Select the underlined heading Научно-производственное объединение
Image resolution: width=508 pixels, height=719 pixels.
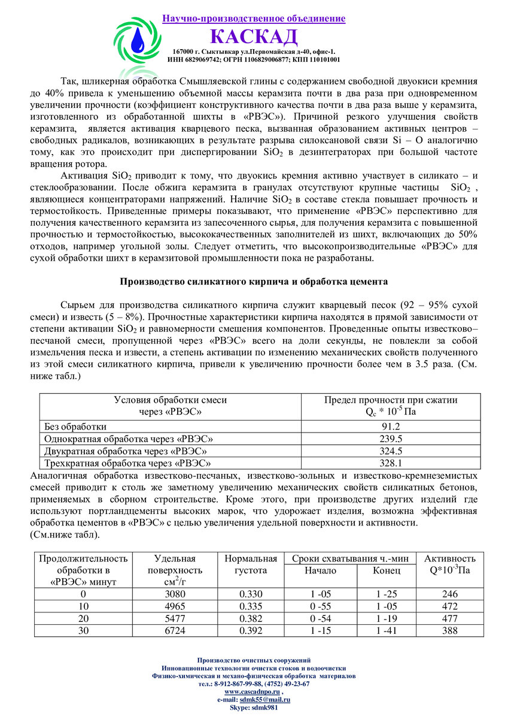click(254, 19)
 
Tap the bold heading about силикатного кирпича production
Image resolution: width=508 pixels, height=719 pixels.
click(254, 281)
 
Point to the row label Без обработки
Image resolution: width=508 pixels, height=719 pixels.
click(75, 427)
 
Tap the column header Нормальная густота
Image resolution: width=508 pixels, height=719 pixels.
click(251, 564)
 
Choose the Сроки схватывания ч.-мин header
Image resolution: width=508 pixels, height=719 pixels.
click(350, 558)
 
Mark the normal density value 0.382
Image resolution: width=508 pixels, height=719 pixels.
click(251, 619)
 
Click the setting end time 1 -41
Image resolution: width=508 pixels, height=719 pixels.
click(387, 631)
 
